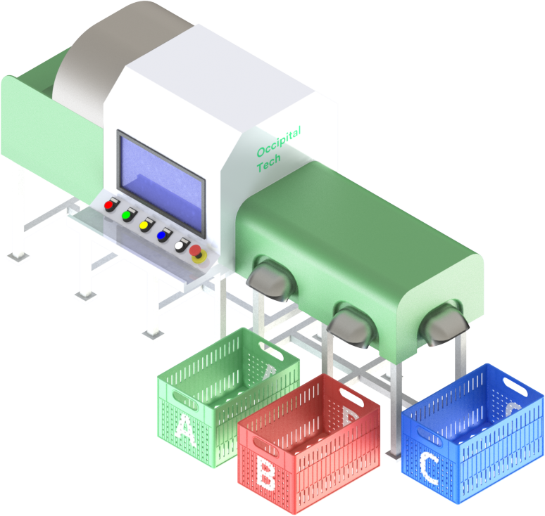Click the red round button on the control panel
click(x=109, y=205)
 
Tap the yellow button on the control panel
click(x=144, y=226)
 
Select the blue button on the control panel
click(x=162, y=236)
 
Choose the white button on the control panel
click(x=180, y=246)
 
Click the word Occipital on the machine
click(x=279, y=141)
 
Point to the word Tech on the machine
click(x=269, y=163)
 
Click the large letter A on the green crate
click(x=184, y=431)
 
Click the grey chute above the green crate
click(x=270, y=279)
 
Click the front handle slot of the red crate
click(x=266, y=446)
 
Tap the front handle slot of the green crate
click(x=185, y=401)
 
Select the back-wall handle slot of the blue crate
click(x=515, y=386)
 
